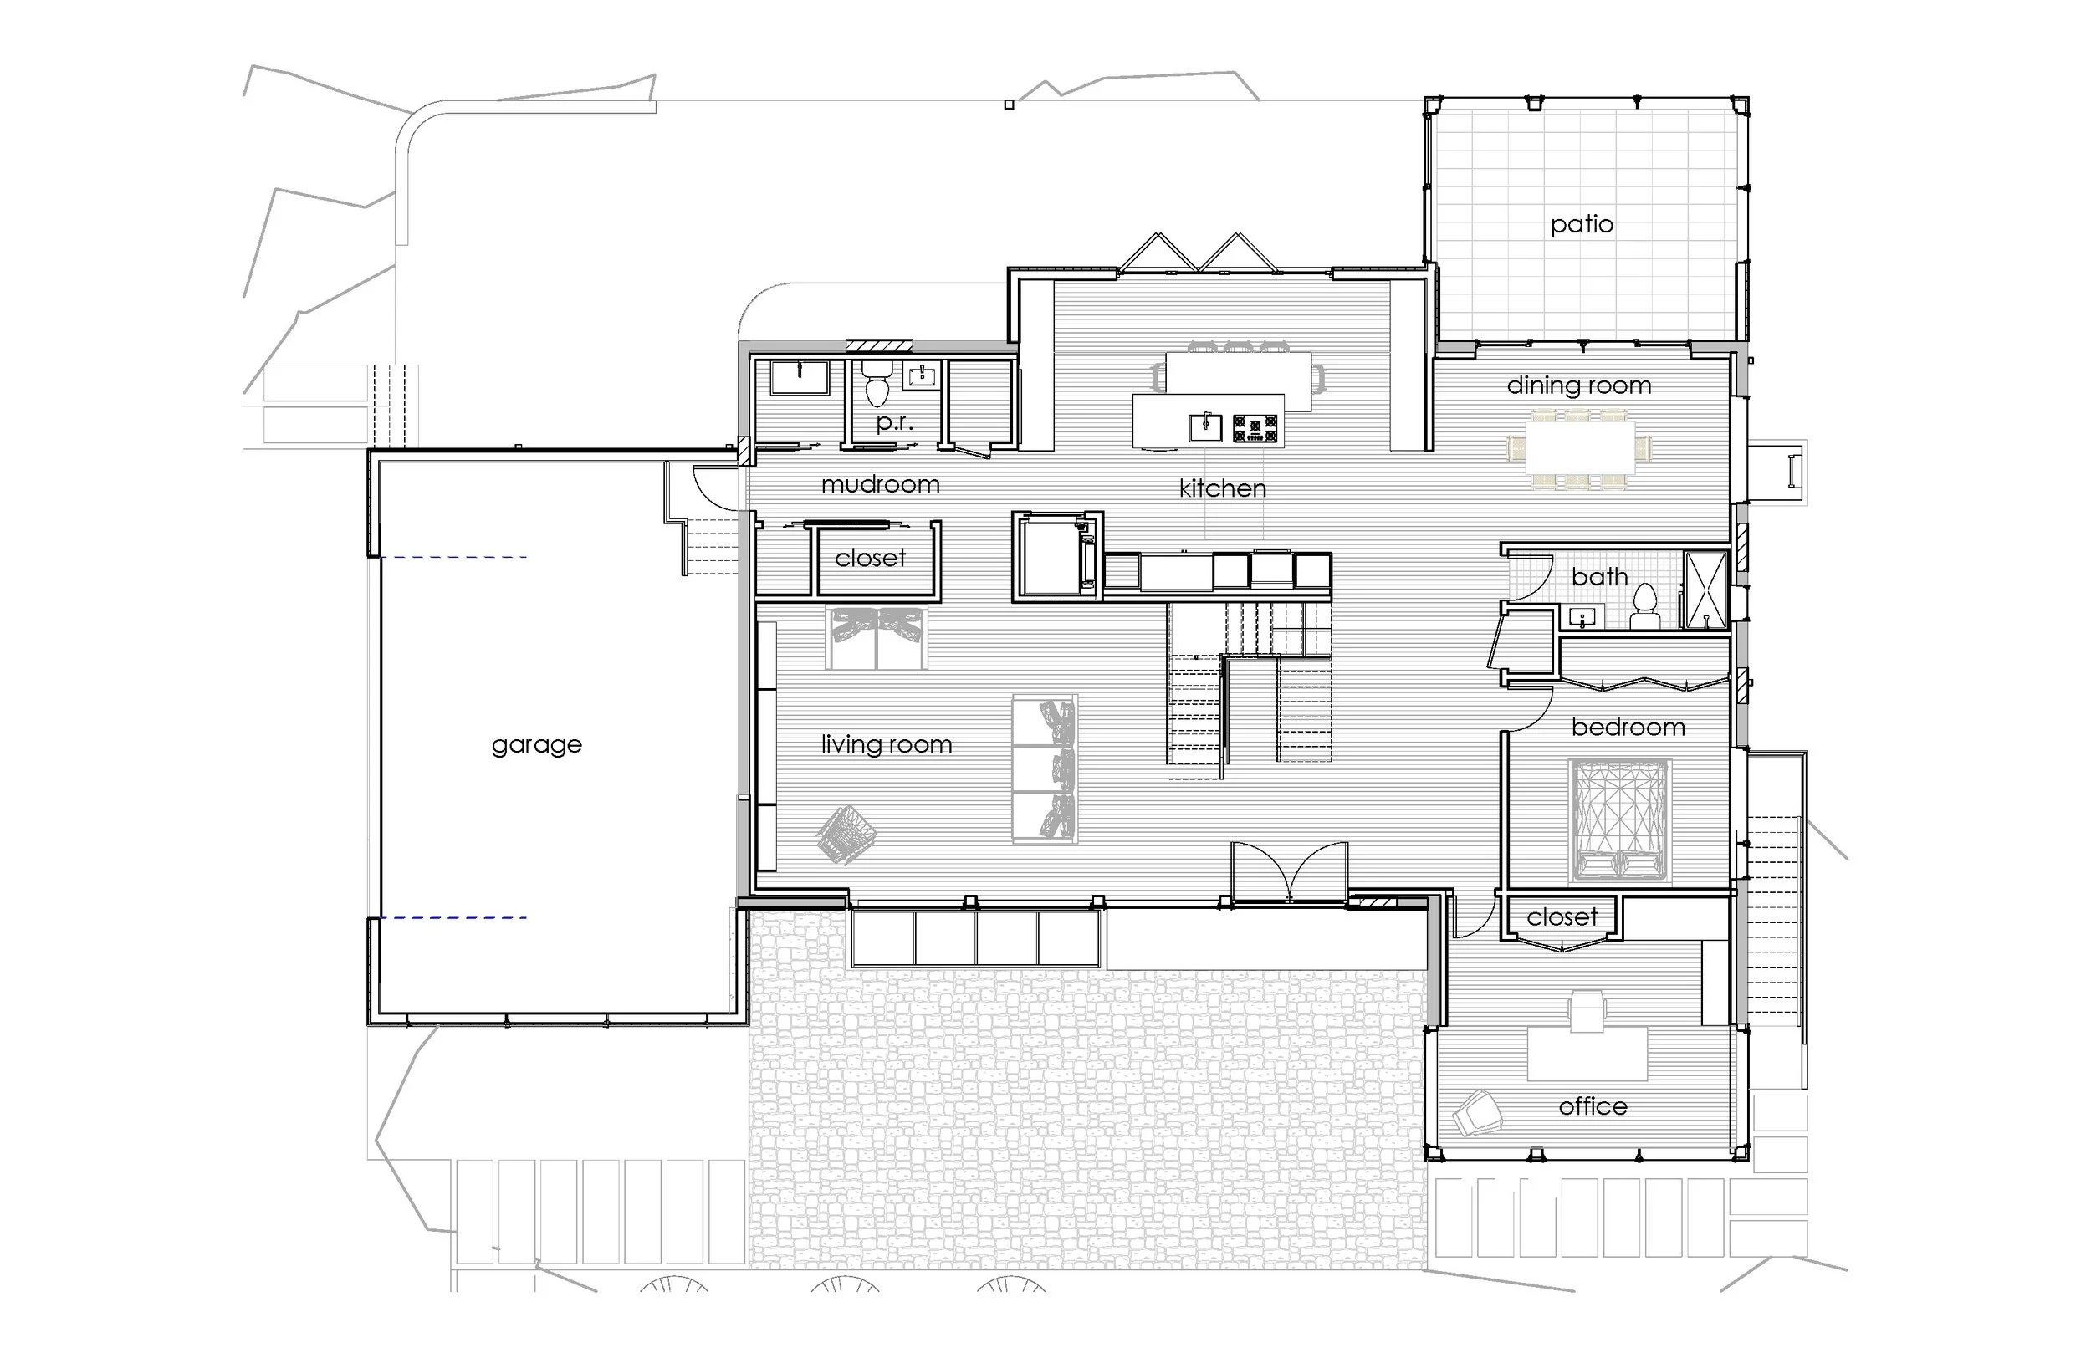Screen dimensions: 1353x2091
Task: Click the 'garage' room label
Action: (537, 745)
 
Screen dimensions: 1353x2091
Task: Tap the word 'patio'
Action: (1582, 225)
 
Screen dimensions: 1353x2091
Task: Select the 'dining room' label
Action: (1579, 385)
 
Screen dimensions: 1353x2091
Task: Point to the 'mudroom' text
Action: (881, 484)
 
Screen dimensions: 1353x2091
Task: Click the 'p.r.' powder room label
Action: (894, 422)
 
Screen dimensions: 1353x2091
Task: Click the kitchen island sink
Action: (1205, 427)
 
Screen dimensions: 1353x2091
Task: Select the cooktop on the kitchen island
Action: (1255, 429)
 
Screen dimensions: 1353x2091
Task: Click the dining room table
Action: (1579, 449)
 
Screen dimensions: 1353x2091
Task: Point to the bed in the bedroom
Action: (1619, 821)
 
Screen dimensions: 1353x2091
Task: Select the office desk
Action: (1587, 1054)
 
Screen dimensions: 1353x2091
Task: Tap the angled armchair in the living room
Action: (846, 834)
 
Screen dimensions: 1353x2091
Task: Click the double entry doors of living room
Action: (1289, 871)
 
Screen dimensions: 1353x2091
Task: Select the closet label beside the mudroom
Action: (870, 559)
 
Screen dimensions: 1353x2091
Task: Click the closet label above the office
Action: (1562, 917)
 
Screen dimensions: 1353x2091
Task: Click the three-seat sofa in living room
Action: (1045, 769)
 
